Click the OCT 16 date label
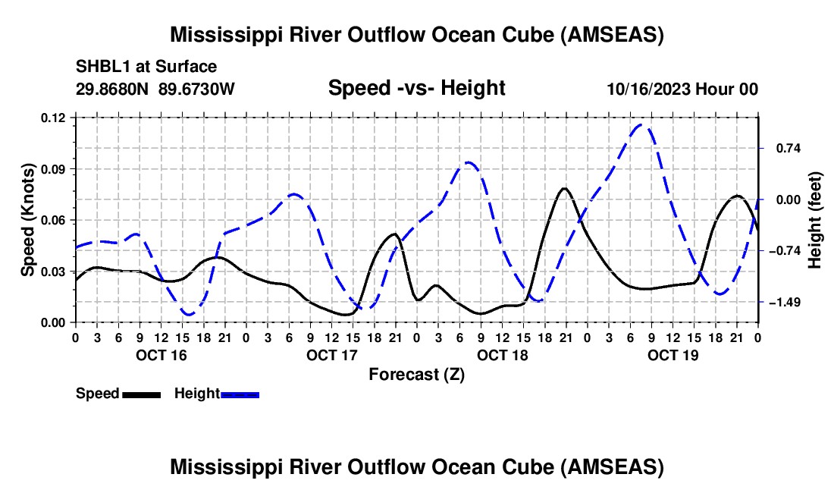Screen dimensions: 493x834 [161, 355]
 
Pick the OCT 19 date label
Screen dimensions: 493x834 [673, 355]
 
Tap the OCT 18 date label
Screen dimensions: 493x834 [503, 355]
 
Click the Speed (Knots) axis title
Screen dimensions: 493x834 [28, 220]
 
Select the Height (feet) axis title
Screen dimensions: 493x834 [815, 220]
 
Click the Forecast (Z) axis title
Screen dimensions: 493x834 [416, 374]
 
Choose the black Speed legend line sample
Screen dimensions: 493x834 [141, 394]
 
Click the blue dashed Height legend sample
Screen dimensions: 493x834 [240, 394]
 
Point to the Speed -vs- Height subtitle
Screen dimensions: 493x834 [416, 88]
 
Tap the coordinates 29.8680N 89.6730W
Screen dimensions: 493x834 [155, 89]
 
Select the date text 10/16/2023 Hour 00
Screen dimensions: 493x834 [682, 89]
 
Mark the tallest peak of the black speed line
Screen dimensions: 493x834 [564, 188]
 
